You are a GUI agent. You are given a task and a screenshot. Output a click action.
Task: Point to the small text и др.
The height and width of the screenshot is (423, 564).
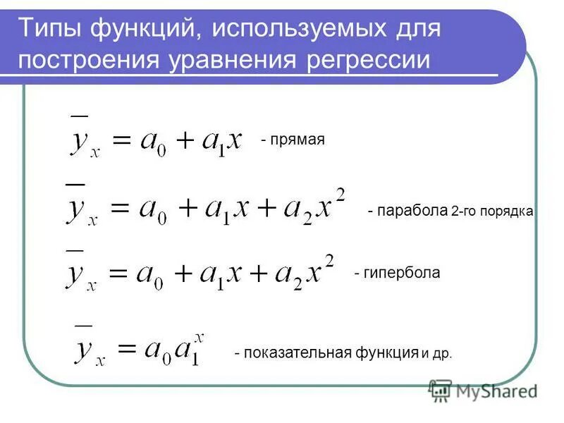(437, 354)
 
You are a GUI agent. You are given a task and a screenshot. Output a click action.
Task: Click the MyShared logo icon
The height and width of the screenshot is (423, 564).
(441, 390)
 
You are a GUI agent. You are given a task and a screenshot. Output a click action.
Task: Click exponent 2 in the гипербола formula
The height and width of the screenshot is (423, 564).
(329, 259)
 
